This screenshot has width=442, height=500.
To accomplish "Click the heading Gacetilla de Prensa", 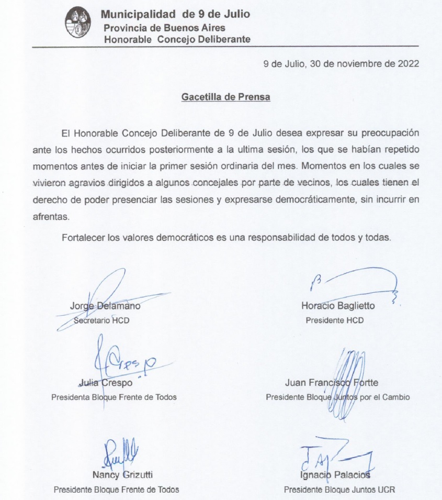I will click(226, 97).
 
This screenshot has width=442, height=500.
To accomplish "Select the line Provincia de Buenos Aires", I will click(164, 28).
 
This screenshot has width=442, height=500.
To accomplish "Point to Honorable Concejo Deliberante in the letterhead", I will click(177, 39).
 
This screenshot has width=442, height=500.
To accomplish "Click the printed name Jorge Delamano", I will click(105, 306).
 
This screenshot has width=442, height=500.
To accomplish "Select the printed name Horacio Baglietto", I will click(338, 306).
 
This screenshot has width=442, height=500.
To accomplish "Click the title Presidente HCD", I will click(334, 320).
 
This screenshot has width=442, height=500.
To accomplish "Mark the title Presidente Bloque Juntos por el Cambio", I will click(337, 397).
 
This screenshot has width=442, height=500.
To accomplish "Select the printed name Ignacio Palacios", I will click(335, 475).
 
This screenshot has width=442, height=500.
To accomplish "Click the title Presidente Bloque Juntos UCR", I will click(339, 490).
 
